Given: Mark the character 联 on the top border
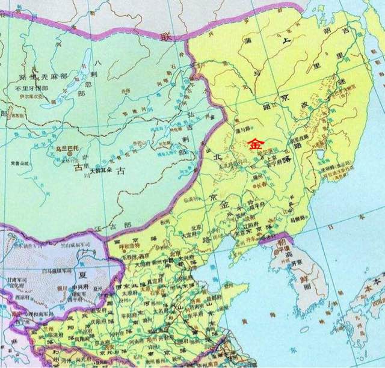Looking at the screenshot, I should [x=164, y=36].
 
